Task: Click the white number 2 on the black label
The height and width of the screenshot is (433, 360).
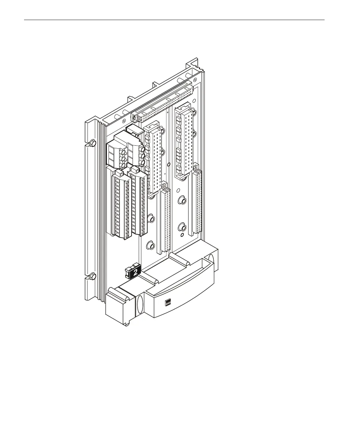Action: [x=135, y=272]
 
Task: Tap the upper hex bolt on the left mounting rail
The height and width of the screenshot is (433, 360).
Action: [x=93, y=143]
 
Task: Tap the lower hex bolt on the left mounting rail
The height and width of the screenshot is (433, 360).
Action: [x=93, y=276]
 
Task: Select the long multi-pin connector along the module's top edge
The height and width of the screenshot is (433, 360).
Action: [x=162, y=102]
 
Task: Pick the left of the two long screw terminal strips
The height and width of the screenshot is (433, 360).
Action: [x=122, y=204]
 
